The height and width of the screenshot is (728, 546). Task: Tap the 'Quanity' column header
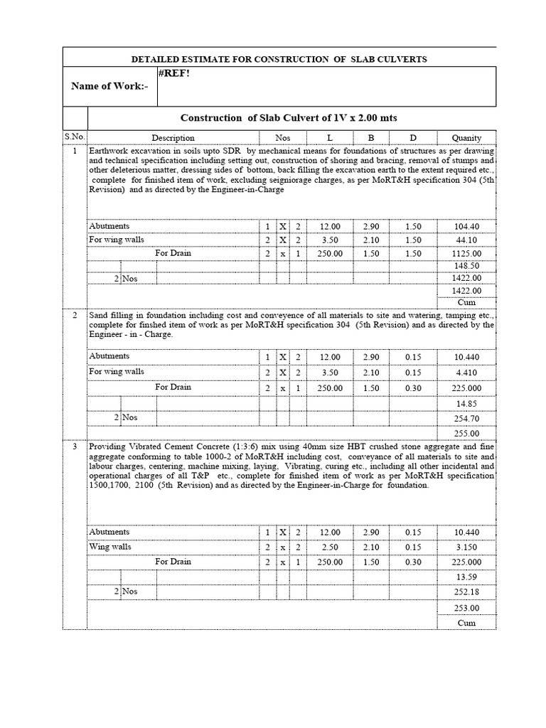click(466, 138)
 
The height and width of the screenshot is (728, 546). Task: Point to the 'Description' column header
click(173, 138)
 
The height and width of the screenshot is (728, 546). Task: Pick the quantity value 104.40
click(466, 227)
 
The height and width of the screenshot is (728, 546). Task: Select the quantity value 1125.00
click(466, 254)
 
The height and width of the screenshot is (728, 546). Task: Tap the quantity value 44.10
click(466, 240)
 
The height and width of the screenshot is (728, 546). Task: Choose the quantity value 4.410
click(466, 372)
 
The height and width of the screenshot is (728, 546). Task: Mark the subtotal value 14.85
click(466, 404)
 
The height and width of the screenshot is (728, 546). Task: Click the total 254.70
click(466, 419)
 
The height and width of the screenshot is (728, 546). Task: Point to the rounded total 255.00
click(466, 434)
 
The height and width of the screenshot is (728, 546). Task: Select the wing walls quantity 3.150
click(466, 547)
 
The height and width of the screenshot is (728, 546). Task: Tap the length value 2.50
click(330, 547)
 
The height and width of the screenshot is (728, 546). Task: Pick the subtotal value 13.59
click(466, 577)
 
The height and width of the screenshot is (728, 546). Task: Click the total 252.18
click(466, 591)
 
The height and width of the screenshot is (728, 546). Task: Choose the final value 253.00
click(466, 608)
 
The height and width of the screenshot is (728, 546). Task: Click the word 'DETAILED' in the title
click(163, 59)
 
